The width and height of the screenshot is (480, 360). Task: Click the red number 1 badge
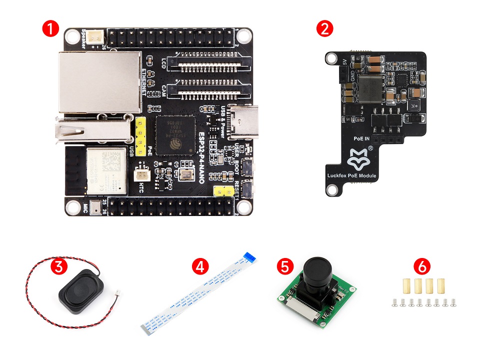click(50, 28)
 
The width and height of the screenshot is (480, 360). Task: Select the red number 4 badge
click(200, 266)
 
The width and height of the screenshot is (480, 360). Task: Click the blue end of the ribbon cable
click(250, 257)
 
